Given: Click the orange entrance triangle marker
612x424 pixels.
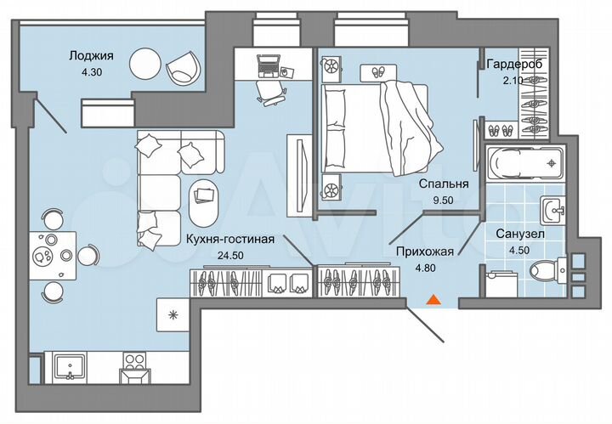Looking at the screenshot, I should coord(433,299).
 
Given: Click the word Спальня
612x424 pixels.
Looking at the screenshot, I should coord(444,182).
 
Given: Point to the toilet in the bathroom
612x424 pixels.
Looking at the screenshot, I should coord(544,272).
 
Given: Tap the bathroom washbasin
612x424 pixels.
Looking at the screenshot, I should coord(553,208).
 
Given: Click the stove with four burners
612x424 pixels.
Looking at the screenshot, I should coord(135,367).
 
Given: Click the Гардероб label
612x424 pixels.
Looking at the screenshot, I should coord(513,65).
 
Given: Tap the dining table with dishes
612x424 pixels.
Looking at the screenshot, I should coord(47,252).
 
